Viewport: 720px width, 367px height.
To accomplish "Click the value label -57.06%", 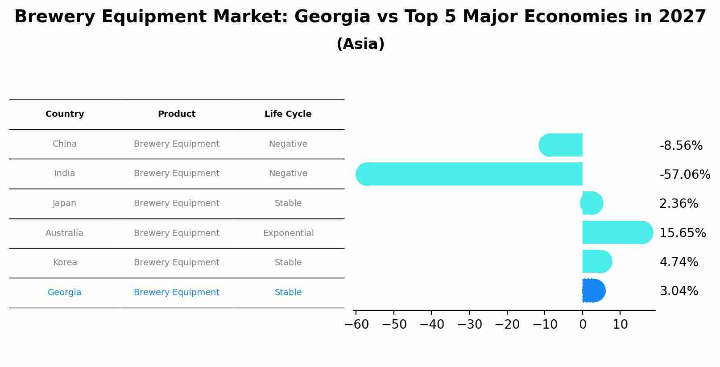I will tap(684, 175).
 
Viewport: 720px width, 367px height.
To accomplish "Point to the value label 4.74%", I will tap(678, 262).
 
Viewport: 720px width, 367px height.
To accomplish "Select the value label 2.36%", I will tap(678, 204).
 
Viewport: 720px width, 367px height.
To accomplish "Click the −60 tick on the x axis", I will tap(356, 325).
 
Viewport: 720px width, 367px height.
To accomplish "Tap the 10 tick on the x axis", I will tap(620, 325).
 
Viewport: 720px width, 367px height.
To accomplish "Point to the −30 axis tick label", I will tap(470, 325).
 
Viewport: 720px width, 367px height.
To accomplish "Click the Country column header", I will tap(65, 114).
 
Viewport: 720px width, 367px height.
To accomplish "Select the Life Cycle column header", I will tap(288, 114).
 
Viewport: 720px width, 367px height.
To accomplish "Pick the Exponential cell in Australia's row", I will tap(288, 233).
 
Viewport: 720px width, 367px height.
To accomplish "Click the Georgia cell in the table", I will tap(64, 293).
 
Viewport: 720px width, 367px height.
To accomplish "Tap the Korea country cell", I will tap(65, 263).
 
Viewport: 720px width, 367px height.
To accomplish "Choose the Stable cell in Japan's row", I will tap(288, 203).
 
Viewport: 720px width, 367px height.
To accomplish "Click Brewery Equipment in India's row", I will tap(176, 173).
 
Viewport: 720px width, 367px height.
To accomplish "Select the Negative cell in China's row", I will tap(288, 144).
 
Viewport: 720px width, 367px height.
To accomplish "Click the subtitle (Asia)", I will tap(360, 44).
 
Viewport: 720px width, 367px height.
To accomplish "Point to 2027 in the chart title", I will tap(682, 17).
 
